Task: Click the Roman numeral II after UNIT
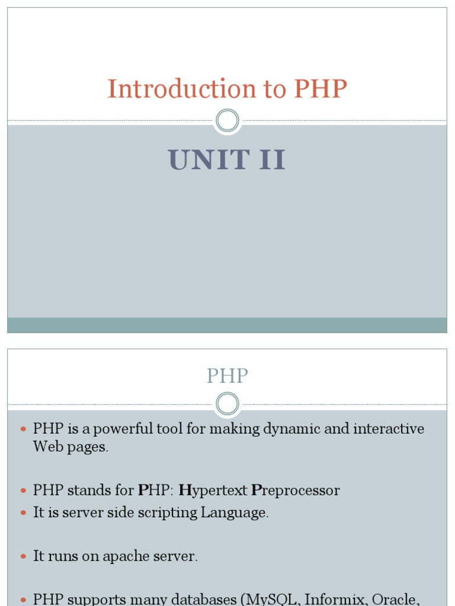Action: point(271,160)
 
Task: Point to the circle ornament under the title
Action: point(227,121)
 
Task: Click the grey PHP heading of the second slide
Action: point(227,376)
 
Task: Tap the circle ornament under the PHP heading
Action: point(227,405)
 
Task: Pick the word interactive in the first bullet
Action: point(389,429)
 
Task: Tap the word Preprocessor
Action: point(296,491)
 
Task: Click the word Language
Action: point(235,512)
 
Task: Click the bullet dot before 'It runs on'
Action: point(24,557)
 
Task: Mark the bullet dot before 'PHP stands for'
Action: point(24,491)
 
